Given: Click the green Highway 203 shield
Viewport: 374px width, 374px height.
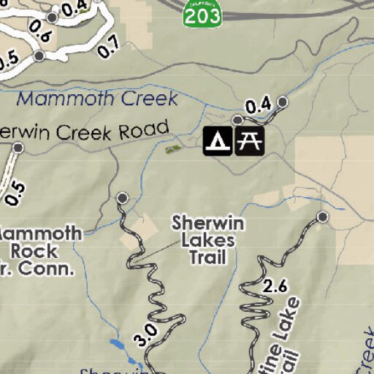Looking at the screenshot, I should tap(202, 15).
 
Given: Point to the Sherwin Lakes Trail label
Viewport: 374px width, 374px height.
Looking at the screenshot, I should tap(207, 240).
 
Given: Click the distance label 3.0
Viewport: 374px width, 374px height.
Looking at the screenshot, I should tap(145, 335).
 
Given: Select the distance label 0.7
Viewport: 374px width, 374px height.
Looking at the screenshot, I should tap(108, 48).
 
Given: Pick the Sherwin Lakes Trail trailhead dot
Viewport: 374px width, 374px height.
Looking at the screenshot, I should tap(123, 198).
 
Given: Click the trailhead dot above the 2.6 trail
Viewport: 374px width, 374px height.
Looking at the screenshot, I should tap(323, 217).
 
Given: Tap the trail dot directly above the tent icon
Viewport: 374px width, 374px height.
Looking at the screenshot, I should tap(237, 120).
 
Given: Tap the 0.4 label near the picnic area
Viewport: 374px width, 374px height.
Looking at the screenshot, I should tap(258, 107).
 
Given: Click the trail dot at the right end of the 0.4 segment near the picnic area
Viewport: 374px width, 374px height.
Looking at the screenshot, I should tap(283, 102).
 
